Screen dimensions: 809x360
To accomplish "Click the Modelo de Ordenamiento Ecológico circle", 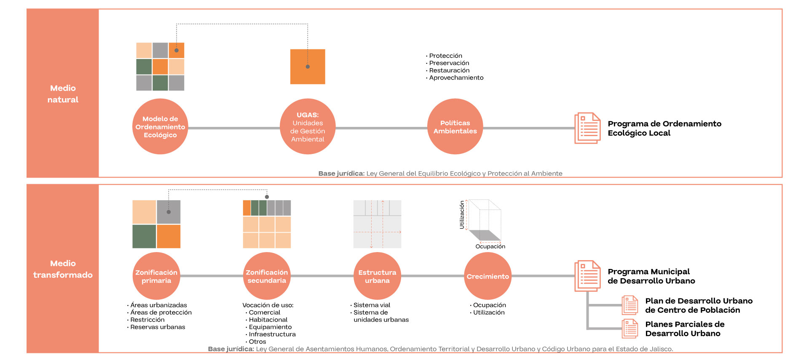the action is coord(160,126).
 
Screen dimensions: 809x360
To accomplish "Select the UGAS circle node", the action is coord(308,126).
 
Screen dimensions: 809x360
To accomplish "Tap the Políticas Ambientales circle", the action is coord(455,126).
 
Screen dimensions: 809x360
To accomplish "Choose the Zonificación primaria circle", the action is coord(156,276).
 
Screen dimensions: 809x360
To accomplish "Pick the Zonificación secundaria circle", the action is coord(267,276).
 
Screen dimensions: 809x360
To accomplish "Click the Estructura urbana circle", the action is coord(377,276).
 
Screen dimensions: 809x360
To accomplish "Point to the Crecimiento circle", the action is coord(488,276).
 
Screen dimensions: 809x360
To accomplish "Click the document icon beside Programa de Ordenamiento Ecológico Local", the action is coord(587,128).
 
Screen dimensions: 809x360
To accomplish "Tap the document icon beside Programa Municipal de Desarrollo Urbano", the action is coord(587,276).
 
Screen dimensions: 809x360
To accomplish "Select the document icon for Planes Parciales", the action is coord(630,329).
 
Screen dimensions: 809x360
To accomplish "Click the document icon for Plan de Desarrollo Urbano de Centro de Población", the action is coord(630,305).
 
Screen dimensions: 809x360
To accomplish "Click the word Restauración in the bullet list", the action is coord(449,70).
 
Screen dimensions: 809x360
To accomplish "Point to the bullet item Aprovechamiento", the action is coord(456,78).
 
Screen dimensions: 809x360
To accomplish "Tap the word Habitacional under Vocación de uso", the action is coord(268,320).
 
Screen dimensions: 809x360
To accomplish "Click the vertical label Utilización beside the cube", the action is coord(462,215).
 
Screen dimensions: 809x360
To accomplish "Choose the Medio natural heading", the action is coord(63,94).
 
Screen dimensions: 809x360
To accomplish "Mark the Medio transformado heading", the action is coord(63,269).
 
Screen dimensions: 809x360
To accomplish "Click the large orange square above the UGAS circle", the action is coord(308,67).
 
